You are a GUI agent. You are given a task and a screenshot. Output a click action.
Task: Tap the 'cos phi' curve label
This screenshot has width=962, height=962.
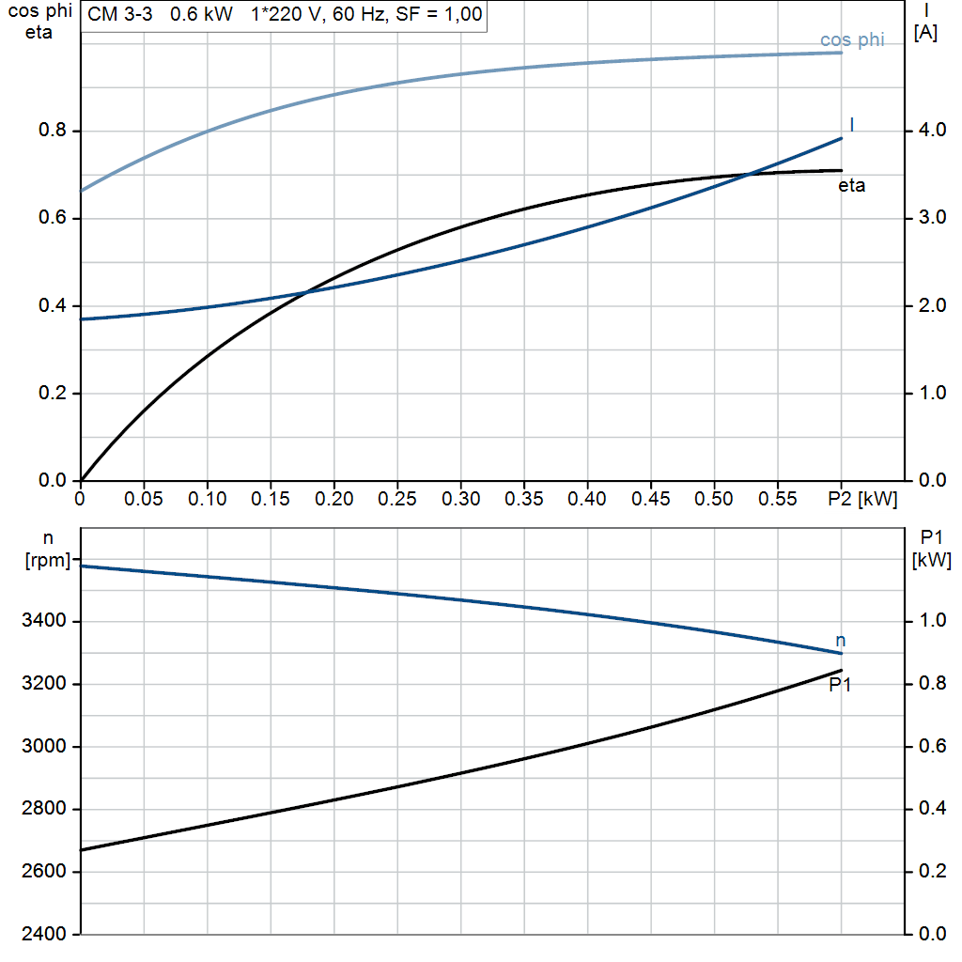[852, 40]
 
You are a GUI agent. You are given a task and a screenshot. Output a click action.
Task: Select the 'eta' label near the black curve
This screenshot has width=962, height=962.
[851, 186]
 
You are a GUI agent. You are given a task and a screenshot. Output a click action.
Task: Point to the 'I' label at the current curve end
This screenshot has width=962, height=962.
[851, 125]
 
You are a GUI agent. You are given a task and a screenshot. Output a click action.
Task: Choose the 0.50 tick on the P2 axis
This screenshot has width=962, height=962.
[713, 499]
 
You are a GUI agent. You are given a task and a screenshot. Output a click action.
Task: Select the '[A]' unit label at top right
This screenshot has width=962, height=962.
[925, 33]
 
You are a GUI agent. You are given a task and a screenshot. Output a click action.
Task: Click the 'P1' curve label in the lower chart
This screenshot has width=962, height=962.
[840, 686]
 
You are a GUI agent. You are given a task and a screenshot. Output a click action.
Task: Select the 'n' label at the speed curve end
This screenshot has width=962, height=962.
[840, 641]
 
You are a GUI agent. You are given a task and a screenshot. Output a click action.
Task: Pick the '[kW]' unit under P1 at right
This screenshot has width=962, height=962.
[931, 561]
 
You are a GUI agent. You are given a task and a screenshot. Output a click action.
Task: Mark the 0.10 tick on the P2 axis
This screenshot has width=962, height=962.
[207, 499]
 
